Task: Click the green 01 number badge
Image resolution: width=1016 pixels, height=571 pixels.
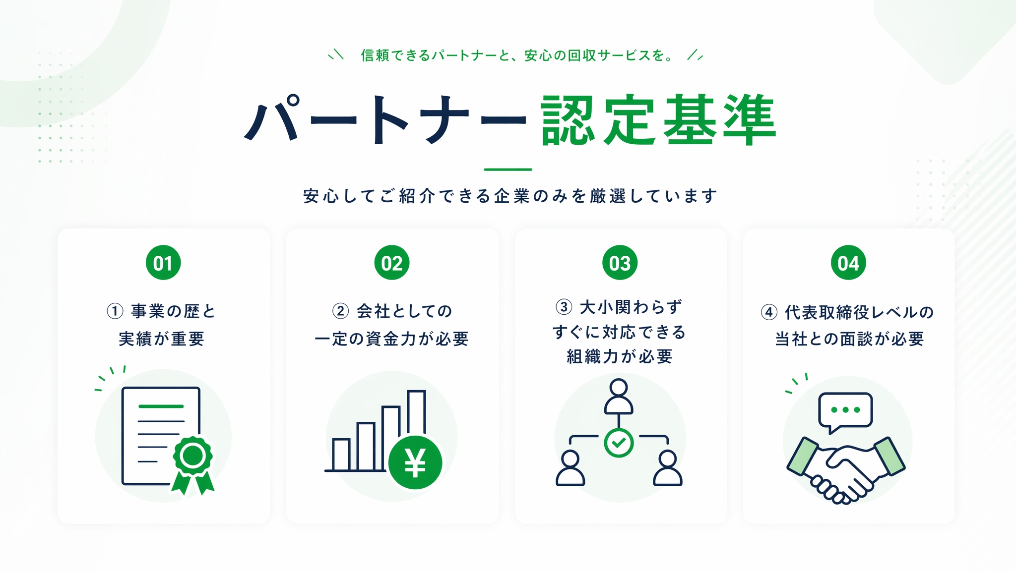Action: (x=163, y=263)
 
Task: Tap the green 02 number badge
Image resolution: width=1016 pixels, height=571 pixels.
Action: (x=392, y=263)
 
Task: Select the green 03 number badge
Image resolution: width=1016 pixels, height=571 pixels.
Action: (x=620, y=263)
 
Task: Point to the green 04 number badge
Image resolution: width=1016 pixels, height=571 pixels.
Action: (x=848, y=263)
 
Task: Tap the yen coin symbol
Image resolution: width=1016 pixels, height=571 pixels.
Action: (x=415, y=462)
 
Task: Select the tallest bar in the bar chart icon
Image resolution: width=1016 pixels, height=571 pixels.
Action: (x=416, y=414)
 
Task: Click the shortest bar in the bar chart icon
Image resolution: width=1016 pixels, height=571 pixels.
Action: (x=341, y=455)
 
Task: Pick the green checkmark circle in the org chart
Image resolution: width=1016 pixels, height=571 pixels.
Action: (x=619, y=443)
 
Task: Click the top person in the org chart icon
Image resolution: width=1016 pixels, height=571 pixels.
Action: (x=619, y=397)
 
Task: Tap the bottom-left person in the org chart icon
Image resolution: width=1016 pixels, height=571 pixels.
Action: (x=570, y=468)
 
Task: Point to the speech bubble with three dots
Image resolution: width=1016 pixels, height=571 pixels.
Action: (x=845, y=411)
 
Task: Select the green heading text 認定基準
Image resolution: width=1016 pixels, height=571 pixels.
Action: (x=659, y=120)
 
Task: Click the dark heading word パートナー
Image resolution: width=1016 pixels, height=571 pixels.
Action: (x=385, y=119)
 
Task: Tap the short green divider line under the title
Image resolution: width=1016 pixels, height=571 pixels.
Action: (x=508, y=170)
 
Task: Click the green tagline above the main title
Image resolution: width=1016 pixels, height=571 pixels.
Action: (x=516, y=55)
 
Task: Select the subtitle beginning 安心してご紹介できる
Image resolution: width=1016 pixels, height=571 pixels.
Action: (x=510, y=196)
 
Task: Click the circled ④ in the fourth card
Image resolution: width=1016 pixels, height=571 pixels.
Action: (x=769, y=312)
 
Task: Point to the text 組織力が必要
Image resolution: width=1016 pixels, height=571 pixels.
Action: (x=620, y=356)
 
